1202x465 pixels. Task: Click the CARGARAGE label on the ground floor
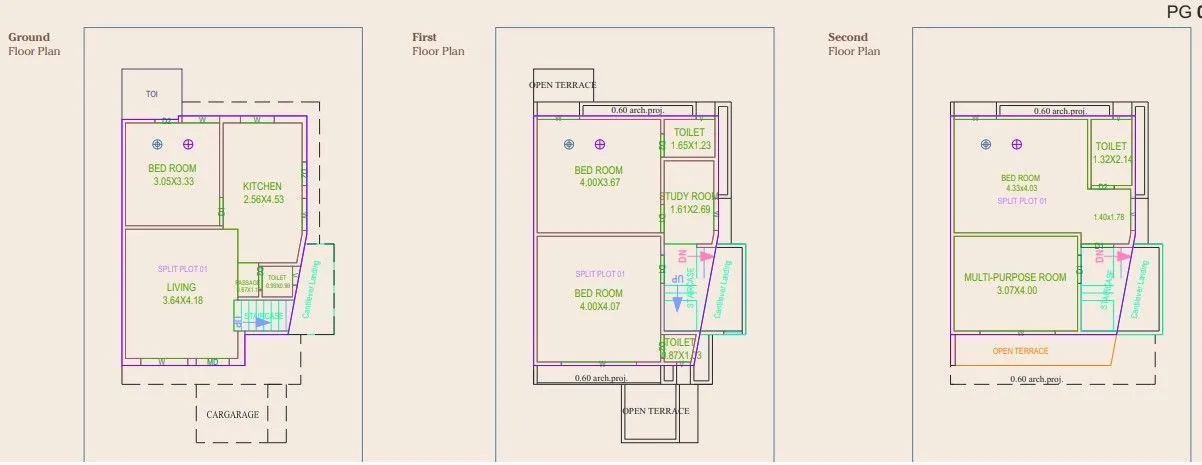(x=232, y=414)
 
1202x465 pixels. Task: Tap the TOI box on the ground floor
(x=152, y=94)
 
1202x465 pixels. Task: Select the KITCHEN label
(x=262, y=186)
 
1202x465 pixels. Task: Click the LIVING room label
(x=181, y=287)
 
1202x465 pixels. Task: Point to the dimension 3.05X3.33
(x=173, y=182)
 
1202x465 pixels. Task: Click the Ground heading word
(x=29, y=38)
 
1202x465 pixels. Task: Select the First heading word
(x=424, y=38)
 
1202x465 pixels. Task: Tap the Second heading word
(x=848, y=38)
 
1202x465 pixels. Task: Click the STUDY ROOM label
(x=691, y=196)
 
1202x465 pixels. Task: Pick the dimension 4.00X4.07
(x=600, y=306)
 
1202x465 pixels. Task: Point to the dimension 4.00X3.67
(x=600, y=183)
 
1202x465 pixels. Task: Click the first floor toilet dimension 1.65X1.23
(x=690, y=146)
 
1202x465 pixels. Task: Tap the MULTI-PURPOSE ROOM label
(x=1015, y=277)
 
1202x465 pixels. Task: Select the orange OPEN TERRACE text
(x=1020, y=351)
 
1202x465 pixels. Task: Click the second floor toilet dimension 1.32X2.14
(x=1111, y=159)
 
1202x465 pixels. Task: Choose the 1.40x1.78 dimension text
(x=1109, y=217)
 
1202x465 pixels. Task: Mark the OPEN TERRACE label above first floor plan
(x=562, y=85)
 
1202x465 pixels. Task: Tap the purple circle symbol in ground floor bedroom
(x=187, y=144)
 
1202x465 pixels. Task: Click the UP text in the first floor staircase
(x=677, y=278)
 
